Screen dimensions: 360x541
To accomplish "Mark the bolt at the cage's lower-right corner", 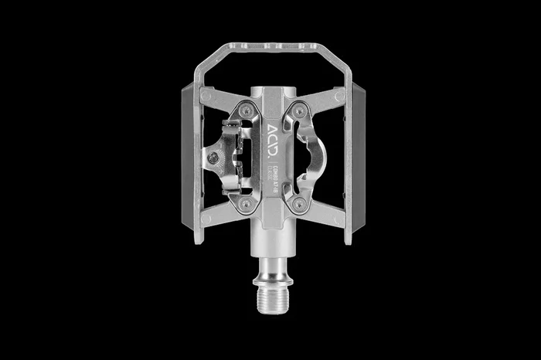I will [339, 219].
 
